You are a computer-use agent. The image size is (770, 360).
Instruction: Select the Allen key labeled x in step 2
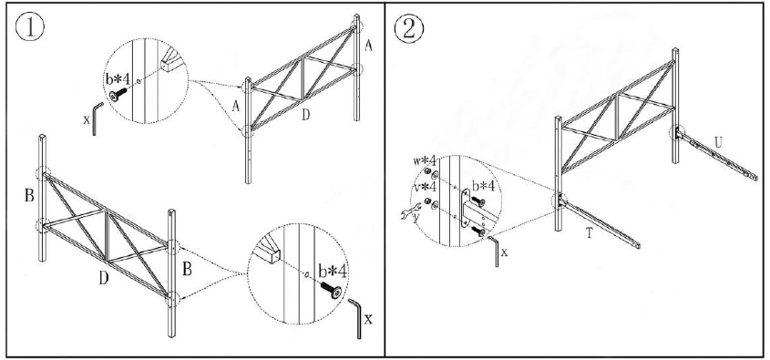(496, 252)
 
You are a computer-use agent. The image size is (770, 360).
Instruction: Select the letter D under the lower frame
(105, 275)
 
